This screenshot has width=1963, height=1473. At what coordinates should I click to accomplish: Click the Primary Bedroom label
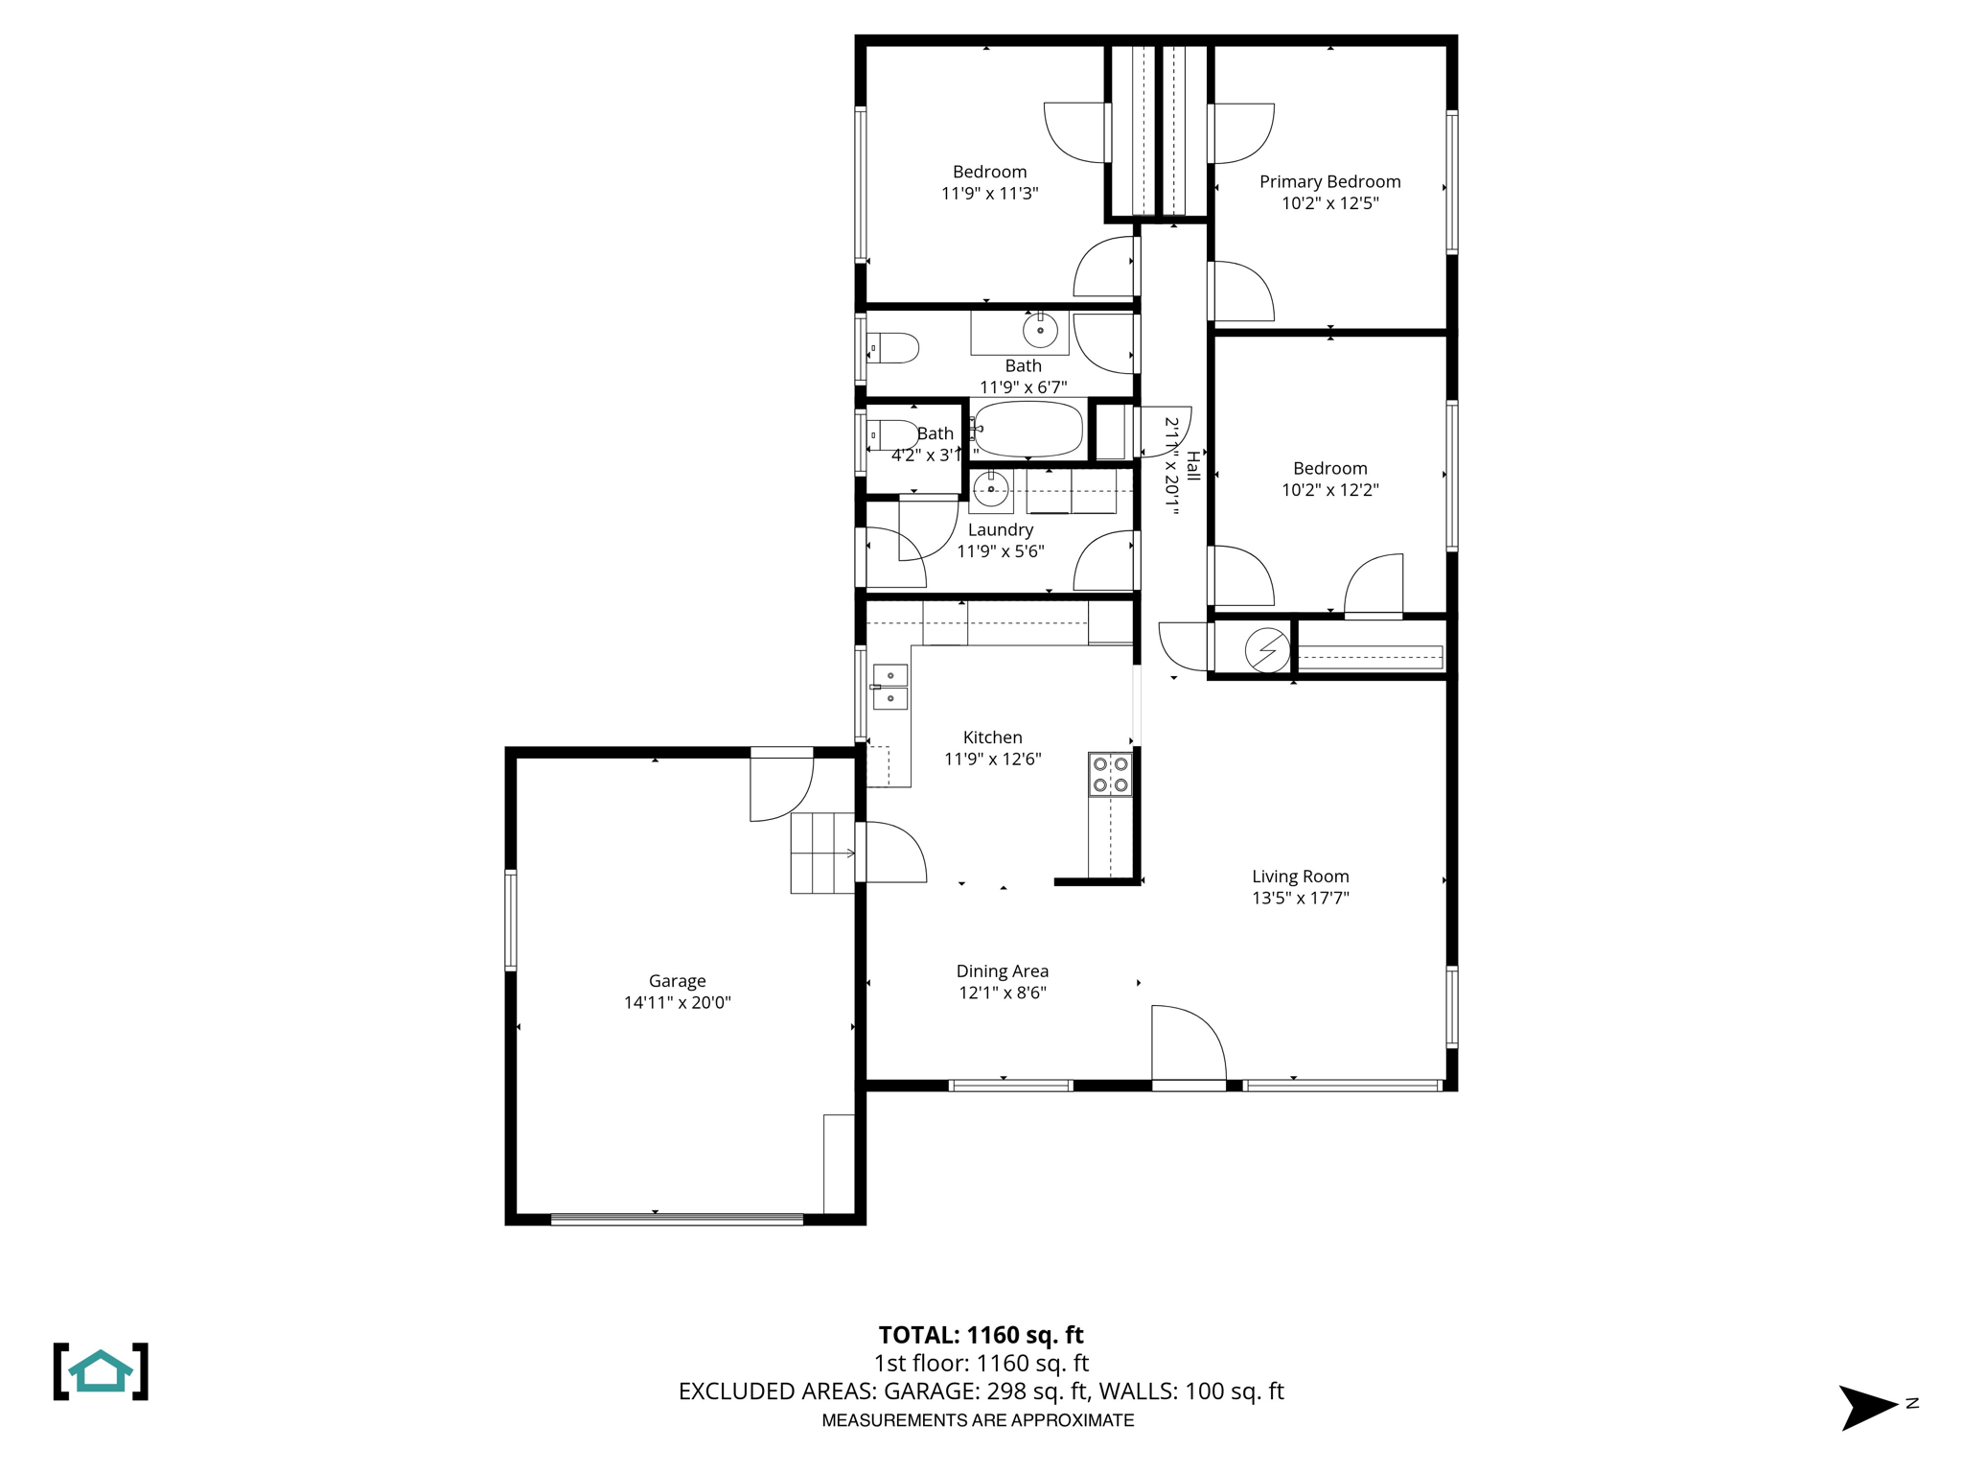pyautogui.click(x=1329, y=181)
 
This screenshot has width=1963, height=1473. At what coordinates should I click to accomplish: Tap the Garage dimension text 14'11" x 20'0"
pyautogui.click(x=677, y=1003)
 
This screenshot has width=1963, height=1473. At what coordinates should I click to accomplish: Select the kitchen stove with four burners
pyautogui.click(x=1110, y=775)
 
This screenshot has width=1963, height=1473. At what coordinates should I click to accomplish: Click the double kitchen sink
pyautogui.click(x=890, y=687)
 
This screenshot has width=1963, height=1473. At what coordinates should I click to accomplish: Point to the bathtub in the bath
pyautogui.click(x=1028, y=429)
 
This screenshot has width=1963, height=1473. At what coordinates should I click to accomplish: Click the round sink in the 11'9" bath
pyautogui.click(x=1040, y=331)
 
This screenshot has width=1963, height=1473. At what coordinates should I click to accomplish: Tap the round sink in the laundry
pyautogui.click(x=991, y=490)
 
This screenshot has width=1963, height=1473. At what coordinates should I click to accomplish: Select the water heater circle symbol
pyautogui.click(x=1267, y=650)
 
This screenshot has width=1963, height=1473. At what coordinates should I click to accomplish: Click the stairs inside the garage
pyautogui.click(x=822, y=853)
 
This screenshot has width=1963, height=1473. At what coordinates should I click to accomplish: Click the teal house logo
pyautogui.click(x=101, y=1371)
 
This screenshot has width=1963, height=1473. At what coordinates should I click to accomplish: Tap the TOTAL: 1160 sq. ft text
pyautogui.click(x=981, y=1335)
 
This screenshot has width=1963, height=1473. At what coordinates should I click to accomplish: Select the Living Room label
pyautogui.click(x=1300, y=877)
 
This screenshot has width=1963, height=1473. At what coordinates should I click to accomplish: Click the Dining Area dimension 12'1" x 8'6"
pyautogui.click(x=1002, y=994)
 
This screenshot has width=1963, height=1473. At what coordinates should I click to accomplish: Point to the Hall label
pyautogui.click(x=1193, y=466)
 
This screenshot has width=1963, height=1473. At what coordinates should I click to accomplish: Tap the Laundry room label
pyautogui.click(x=1000, y=530)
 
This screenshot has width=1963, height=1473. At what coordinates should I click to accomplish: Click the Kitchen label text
pyautogui.click(x=992, y=737)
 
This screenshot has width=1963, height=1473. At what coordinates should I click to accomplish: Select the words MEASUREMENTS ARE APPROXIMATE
pyautogui.click(x=978, y=1420)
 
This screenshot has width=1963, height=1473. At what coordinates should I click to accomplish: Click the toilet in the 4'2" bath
pyautogui.click(x=893, y=434)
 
